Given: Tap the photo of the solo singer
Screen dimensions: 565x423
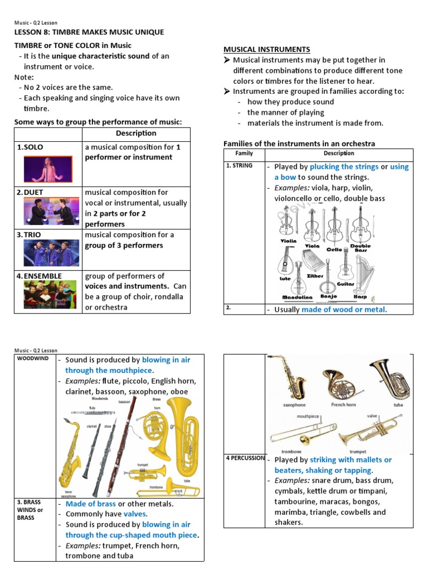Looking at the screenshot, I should (x=48, y=169).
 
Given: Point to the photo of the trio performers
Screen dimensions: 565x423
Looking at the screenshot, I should (x=48, y=253).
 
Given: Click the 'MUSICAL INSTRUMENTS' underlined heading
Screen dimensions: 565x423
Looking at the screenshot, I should (x=267, y=50).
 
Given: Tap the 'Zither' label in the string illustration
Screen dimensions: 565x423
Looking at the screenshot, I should (x=315, y=276).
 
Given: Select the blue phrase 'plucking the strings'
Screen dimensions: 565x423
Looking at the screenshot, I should (x=344, y=167).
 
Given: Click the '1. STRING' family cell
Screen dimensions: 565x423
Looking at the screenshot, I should (x=240, y=166).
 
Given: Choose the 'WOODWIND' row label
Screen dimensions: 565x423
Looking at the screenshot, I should (x=32, y=359).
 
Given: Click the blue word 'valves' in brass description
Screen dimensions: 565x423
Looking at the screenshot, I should (x=134, y=514).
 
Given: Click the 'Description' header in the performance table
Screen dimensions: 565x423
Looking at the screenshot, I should (x=135, y=134).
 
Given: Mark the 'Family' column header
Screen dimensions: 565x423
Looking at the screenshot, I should (x=244, y=153).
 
